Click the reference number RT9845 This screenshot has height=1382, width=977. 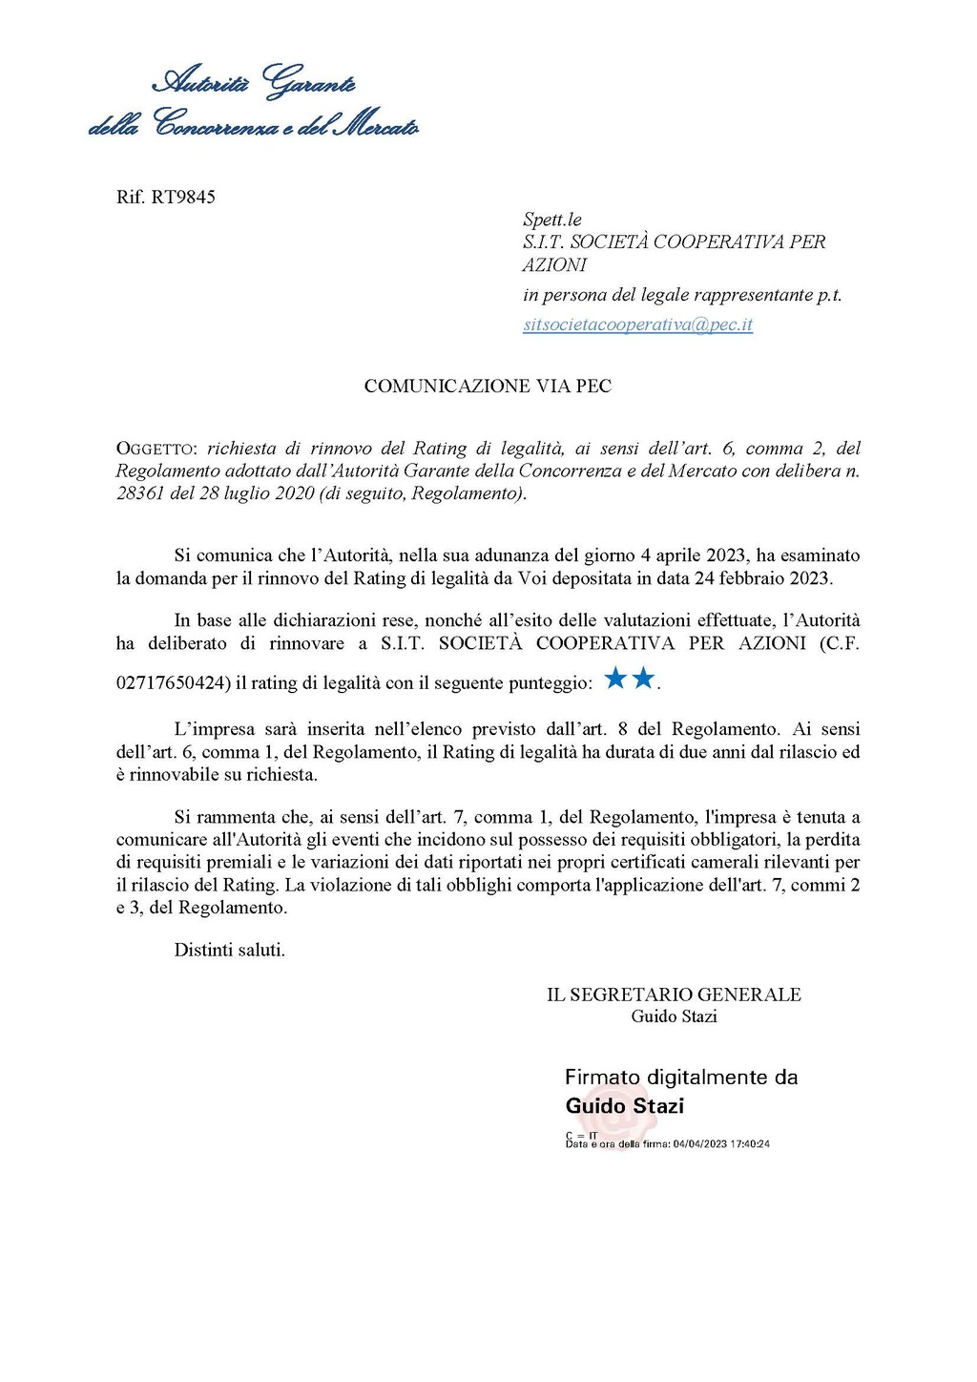[x=183, y=197]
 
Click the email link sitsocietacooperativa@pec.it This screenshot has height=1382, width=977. [x=637, y=325]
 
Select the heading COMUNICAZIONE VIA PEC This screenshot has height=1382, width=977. [x=488, y=386]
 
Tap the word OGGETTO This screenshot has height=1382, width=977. [x=156, y=449]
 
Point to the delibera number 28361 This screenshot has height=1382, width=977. [x=140, y=493]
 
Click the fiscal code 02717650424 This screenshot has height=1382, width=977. [x=173, y=683]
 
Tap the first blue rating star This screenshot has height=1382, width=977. [x=615, y=679]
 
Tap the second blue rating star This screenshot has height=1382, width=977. [x=644, y=679]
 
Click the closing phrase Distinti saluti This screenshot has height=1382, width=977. [x=229, y=950]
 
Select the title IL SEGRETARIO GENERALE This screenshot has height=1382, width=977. [x=674, y=995]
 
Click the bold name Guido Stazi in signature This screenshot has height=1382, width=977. [x=625, y=1106]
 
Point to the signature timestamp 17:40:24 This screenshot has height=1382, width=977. [x=749, y=1143]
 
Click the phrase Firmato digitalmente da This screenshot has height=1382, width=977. [x=681, y=1078]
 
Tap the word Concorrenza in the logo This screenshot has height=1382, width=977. [x=218, y=125]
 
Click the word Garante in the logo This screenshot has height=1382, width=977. [x=309, y=83]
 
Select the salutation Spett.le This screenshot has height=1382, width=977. [x=551, y=220]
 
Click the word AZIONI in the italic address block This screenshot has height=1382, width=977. [x=554, y=265]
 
